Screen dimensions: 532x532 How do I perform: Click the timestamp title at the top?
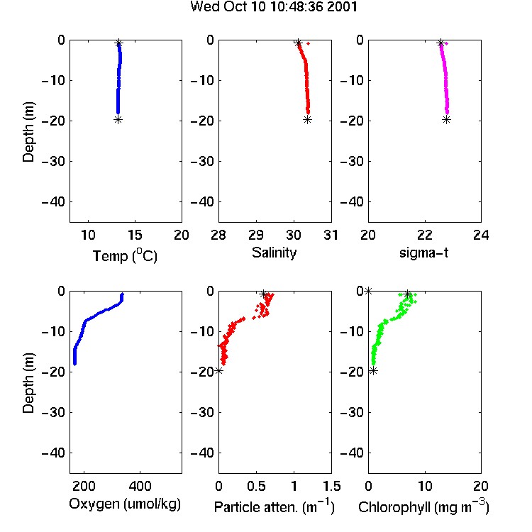pyautogui.click(x=274, y=7)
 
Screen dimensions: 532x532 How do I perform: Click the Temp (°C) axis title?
pyautogui.click(x=125, y=256)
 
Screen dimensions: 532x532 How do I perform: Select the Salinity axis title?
pyautogui.click(x=274, y=253)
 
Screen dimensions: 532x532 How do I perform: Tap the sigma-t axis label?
pyautogui.click(x=423, y=253)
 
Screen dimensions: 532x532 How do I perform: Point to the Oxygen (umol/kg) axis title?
pyautogui.click(x=125, y=504)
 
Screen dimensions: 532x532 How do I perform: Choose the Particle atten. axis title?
pyautogui.click(x=274, y=506)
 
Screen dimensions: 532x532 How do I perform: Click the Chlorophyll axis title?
pyautogui.click(x=423, y=506)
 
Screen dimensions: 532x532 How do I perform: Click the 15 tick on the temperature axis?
pyautogui.click(x=135, y=235)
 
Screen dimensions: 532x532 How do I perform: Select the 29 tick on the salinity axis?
pyautogui.click(x=256, y=235)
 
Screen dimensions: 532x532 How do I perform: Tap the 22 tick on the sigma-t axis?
pyautogui.click(x=425, y=235)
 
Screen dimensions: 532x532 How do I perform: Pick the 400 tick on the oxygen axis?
pyautogui.click(x=140, y=486)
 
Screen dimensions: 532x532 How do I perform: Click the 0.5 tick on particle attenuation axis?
pyautogui.click(x=256, y=486)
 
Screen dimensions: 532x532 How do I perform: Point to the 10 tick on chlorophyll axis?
pyautogui.click(x=425, y=486)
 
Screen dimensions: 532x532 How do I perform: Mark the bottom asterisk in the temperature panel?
pyautogui.click(x=118, y=119)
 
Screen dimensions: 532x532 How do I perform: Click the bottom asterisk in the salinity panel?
pyautogui.click(x=307, y=119)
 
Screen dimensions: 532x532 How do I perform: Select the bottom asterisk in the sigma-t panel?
pyautogui.click(x=446, y=119)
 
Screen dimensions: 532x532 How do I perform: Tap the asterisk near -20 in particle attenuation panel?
pyautogui.click(x=219, y=370)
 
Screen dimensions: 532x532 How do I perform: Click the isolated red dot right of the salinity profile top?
pyautogui.click(x=308, y=43)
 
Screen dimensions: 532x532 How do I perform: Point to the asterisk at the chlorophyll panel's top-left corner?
pyautogui.click(x=368, y=291)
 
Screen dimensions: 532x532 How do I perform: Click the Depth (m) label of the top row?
pyautogui.click(x=28, y=132)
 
